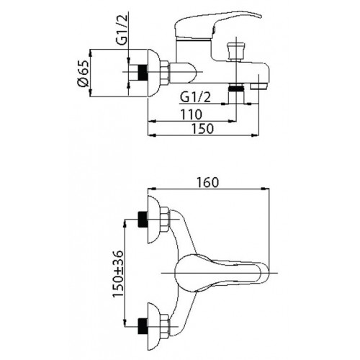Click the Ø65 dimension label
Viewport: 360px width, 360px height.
click(x=84, y=73)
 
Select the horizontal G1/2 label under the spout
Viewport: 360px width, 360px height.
click(x=195, y=98)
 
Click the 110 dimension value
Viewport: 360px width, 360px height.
click(x=192, y=114)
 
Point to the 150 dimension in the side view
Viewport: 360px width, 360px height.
click(x=202, y=128)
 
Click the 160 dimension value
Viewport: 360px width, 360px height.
click(x=208, y=182)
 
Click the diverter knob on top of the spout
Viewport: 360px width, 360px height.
click(x=236, y=51)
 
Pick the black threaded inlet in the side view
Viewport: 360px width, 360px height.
click(x=143, y=73)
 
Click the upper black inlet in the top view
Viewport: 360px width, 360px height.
click(x=143, y=219)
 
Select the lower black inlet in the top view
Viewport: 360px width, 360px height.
click(x=143, y=326)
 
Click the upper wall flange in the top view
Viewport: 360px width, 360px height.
click(x=153, y=220)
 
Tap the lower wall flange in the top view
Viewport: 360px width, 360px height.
click(x=153, y=327)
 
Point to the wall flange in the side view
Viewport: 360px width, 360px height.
click(x=153, y=73)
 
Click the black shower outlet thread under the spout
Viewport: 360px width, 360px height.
click(x=236, y=88)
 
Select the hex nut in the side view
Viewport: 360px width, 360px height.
click(x=165, y=73)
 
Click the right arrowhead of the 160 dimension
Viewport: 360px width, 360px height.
click(x=266, y=189)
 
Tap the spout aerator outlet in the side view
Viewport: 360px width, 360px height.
click(x=258, y=86)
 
